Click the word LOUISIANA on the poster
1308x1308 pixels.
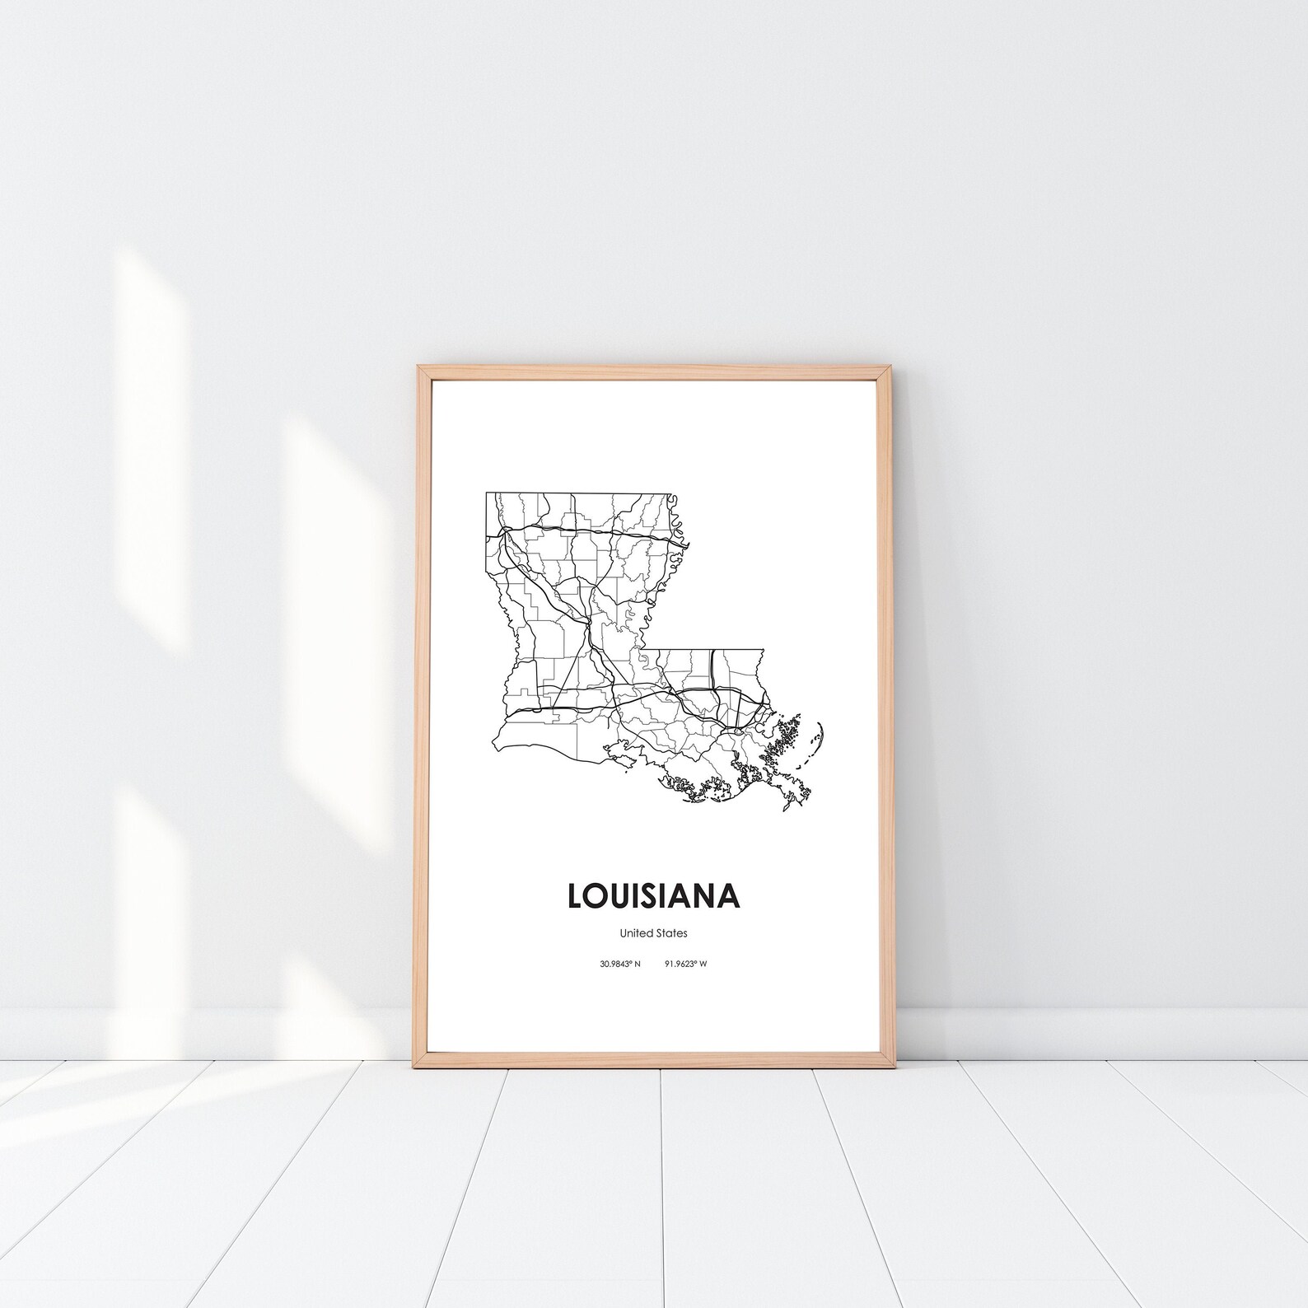click(x=653, y=896)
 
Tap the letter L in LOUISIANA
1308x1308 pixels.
click(x=576, y=896)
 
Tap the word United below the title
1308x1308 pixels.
click(x=637, y=933)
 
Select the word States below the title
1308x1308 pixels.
click(x=671, y=933)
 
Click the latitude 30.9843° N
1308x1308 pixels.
click(x=620, y=964)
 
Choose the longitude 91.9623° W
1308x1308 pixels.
click(x=685, y=964)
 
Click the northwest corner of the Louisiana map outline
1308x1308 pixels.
click(x=487, y=493)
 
